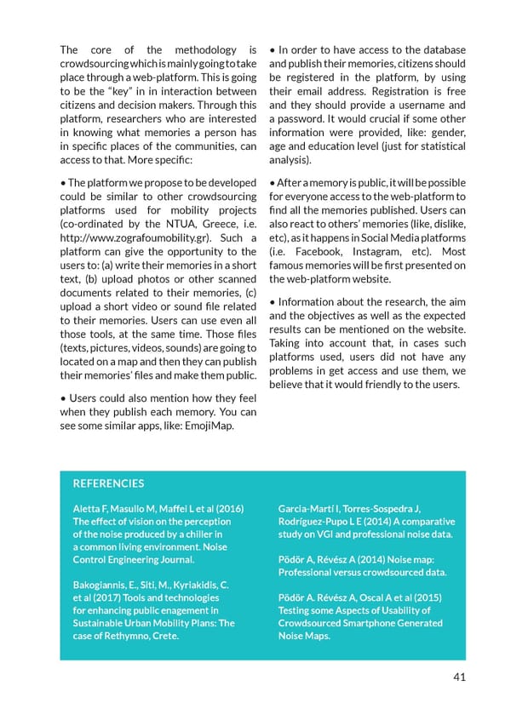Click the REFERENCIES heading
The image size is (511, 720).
tap(108, 483)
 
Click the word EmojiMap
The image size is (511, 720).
tap(210, 426)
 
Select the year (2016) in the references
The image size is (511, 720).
tap(225, 509)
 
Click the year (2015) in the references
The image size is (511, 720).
tap(432, 597)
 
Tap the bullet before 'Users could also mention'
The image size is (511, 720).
tap(63, 398)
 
